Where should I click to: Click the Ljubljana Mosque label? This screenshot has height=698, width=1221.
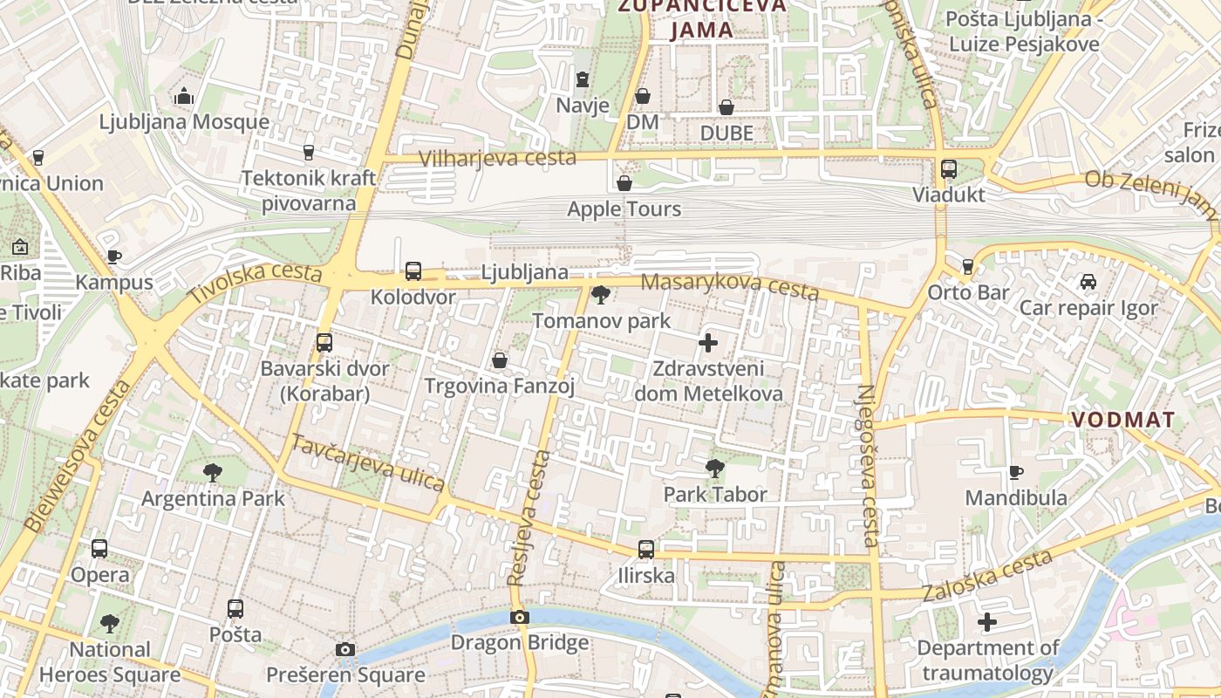pos(184,122)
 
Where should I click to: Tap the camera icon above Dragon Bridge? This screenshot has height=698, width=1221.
pos(520,617)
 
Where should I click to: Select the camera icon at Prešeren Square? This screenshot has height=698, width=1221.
pos(345,649)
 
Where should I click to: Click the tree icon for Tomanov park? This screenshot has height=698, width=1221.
pos(600,295)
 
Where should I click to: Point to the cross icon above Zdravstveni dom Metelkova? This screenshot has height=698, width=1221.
pos(708,343)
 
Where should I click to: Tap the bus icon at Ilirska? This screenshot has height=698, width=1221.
pos(645,550)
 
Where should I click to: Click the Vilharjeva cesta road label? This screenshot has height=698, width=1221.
pos(497,158)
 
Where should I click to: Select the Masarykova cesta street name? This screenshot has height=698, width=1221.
pos(729,286)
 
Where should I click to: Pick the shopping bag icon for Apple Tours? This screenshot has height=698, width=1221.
pos(624,183)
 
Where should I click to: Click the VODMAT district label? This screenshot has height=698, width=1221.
pos(1123,420)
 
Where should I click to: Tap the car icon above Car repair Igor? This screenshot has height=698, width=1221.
pos(1088,282)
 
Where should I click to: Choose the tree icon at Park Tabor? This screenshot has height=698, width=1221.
pos(715,469)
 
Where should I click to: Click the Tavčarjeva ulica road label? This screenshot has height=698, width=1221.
pos(367,462)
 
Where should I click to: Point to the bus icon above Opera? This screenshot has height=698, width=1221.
pos(99,549)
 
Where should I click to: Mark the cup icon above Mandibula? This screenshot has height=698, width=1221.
pos(1015,472)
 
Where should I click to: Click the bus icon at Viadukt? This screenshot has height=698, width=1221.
pos(949,168)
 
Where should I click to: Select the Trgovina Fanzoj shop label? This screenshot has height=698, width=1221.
pos(499,386)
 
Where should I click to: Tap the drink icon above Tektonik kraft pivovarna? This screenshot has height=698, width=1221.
pos(308,153)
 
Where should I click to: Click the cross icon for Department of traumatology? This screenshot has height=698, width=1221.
pos(986,622)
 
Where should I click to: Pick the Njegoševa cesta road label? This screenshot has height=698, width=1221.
pos(870,466)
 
